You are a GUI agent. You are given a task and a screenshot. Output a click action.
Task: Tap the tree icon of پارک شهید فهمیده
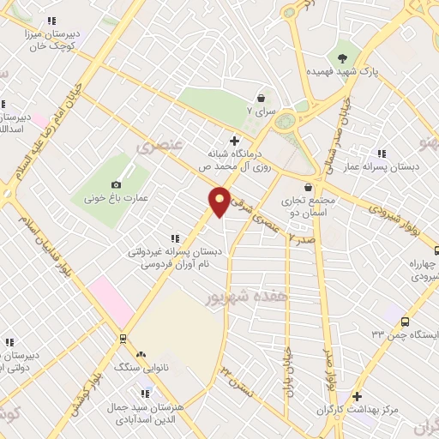[x=344, y=58]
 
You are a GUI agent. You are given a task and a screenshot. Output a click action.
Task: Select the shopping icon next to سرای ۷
[x=260, y=99]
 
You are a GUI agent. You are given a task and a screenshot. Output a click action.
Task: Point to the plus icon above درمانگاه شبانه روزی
[x=234, y=140]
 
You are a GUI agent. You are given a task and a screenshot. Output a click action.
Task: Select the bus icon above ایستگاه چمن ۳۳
[x=403, y=321]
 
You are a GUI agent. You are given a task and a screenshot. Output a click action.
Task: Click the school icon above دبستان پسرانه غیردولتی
[x=175, y=238]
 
